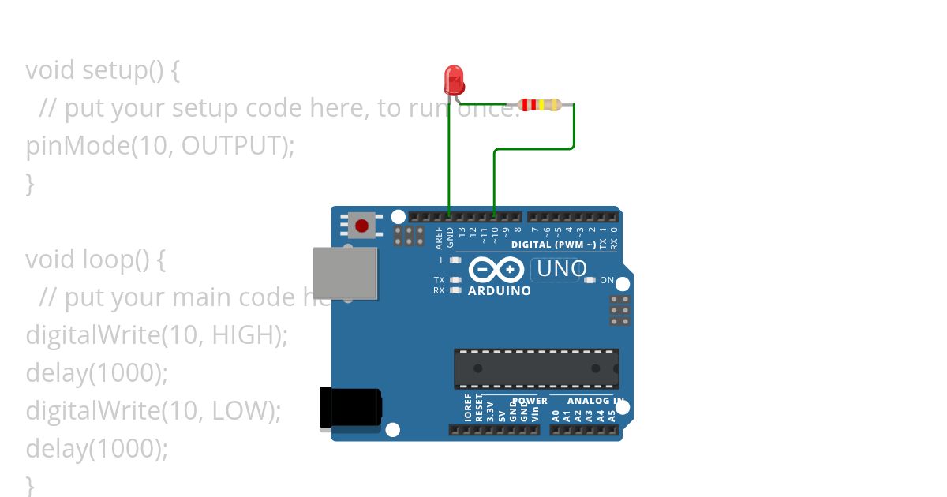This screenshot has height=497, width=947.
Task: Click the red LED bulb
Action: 455,80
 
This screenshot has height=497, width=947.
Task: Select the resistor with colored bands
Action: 540,104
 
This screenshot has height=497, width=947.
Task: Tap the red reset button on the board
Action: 361,226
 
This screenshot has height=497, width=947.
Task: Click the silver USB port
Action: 345,273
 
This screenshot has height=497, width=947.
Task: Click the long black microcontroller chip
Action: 536,368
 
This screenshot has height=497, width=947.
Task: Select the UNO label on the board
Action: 560,269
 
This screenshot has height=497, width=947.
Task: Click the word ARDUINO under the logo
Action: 500,291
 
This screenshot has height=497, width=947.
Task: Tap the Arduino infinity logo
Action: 496,271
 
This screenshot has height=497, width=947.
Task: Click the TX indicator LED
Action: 455,280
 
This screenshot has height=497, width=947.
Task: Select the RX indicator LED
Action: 455,290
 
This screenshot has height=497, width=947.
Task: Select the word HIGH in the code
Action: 245,334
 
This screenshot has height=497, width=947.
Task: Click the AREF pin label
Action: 439,237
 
